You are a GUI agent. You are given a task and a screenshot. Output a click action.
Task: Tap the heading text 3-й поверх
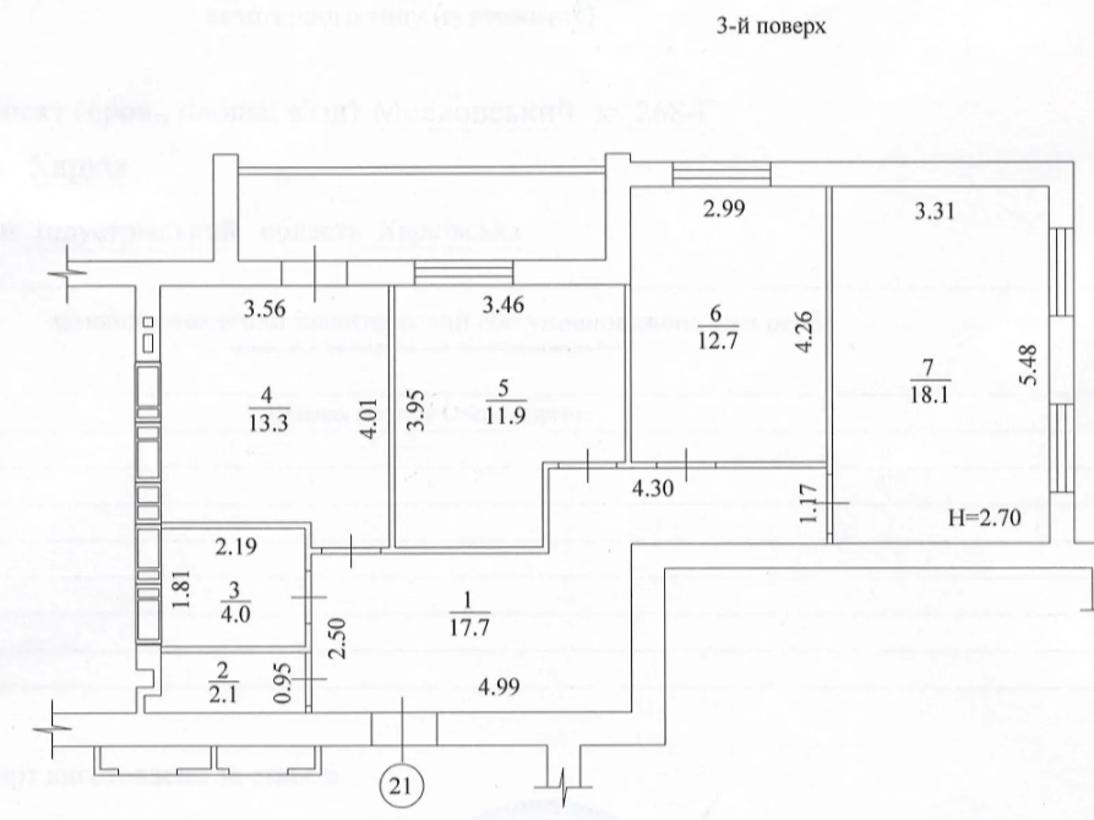pos(771,27)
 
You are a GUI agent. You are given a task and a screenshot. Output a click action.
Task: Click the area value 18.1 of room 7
pos(929,395)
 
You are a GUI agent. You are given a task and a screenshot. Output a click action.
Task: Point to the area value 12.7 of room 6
pos(717,340)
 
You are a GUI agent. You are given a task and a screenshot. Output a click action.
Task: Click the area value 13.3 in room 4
pos(268,422)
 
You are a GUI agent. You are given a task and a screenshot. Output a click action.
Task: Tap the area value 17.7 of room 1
pos(468,627)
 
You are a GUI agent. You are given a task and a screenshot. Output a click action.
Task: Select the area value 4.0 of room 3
pos(235,614)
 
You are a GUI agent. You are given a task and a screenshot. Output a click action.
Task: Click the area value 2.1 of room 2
pos(223,696)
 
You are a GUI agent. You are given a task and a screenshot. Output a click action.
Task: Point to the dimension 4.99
pos(498,686)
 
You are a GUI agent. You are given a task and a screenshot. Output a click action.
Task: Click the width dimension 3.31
pos(934,210)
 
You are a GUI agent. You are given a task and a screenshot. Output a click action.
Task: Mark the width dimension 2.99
pos(723,208)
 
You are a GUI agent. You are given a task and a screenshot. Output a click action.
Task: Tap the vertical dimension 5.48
pos(1029,364)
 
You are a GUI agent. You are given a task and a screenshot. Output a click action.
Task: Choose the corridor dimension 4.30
pos(652,488)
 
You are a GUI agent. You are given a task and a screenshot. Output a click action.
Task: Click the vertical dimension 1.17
pos(808,503)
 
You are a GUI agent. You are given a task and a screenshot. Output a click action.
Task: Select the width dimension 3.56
pos(265,308)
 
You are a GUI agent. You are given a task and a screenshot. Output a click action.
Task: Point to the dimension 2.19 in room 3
pos(236,546)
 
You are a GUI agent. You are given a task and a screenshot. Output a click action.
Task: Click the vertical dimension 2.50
pos(338,637)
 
